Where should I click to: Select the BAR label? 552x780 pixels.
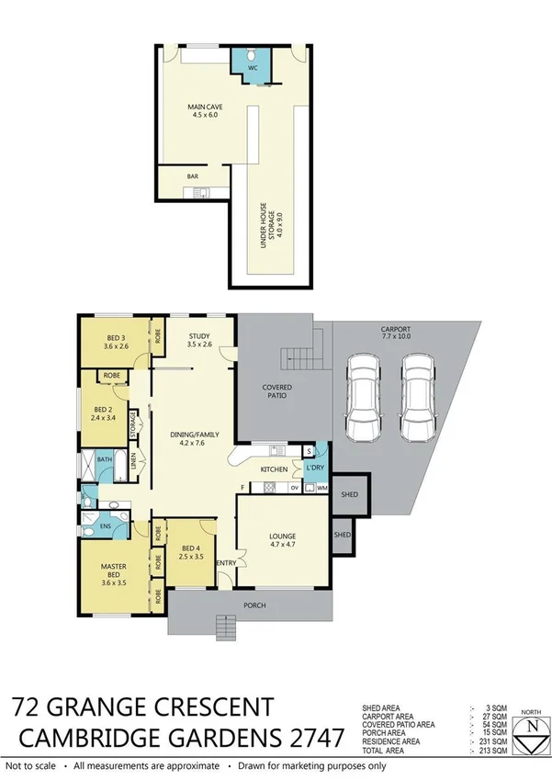pos(193,176)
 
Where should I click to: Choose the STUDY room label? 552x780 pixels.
pos(199,341)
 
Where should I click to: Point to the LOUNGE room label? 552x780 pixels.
pos(281,541)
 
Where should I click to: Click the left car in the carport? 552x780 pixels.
pos(361,399)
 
